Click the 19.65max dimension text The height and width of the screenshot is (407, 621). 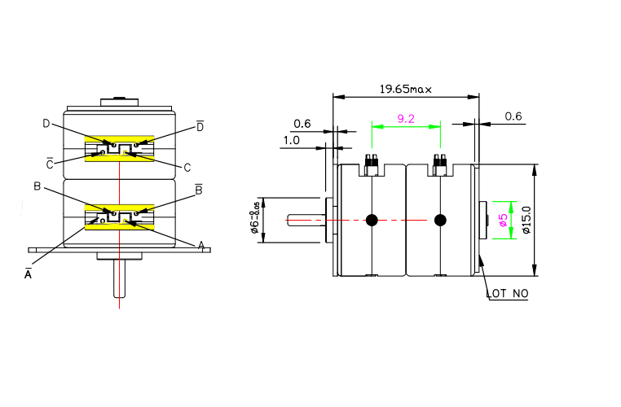405,88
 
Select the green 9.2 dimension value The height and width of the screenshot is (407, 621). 406,119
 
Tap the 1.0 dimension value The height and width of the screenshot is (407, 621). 291,140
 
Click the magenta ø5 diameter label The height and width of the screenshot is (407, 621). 503,220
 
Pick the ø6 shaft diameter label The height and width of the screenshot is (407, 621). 255,220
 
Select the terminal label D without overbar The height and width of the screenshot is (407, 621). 46,123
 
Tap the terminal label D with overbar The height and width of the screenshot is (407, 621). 200,126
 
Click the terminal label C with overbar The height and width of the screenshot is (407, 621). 50,164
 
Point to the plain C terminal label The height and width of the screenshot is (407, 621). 187,168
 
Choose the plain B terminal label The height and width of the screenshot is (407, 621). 37,186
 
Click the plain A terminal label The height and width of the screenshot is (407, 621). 200,245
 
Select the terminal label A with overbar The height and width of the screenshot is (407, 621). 29,274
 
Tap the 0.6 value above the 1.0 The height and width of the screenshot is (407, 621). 302,124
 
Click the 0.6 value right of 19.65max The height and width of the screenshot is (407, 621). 513,116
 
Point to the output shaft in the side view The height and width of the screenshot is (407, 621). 306,220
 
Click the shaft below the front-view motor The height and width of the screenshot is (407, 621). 120,281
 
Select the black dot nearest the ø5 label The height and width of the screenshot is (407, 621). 441,220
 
